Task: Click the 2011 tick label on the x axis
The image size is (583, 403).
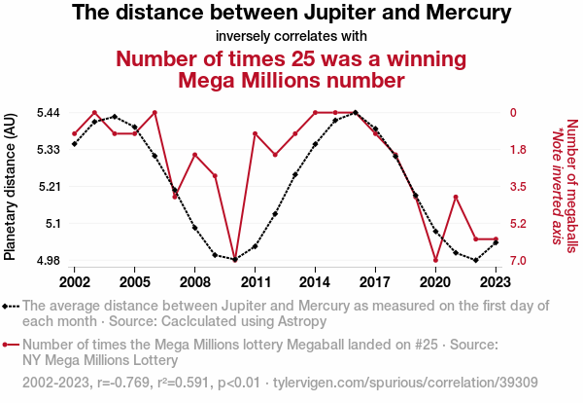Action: coord(255,281)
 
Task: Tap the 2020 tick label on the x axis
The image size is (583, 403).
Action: coord(435,281)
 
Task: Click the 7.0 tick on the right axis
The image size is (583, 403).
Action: coord(518,261)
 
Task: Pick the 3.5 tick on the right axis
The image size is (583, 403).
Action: coord(518,187)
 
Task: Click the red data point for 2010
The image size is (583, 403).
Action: coord(235,260)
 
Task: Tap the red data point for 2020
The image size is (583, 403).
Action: coord(435,260)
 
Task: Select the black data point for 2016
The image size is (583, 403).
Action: coord(356,113)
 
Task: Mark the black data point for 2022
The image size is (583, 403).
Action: coord(475,260)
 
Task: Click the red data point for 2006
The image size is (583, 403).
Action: coord(154,113)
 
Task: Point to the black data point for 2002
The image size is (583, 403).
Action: coord(75,144)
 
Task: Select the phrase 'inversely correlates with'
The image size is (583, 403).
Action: coord(291,36)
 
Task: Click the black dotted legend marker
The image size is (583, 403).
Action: coord(11,306)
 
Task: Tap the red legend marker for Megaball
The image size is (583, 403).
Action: coord(11,345)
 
